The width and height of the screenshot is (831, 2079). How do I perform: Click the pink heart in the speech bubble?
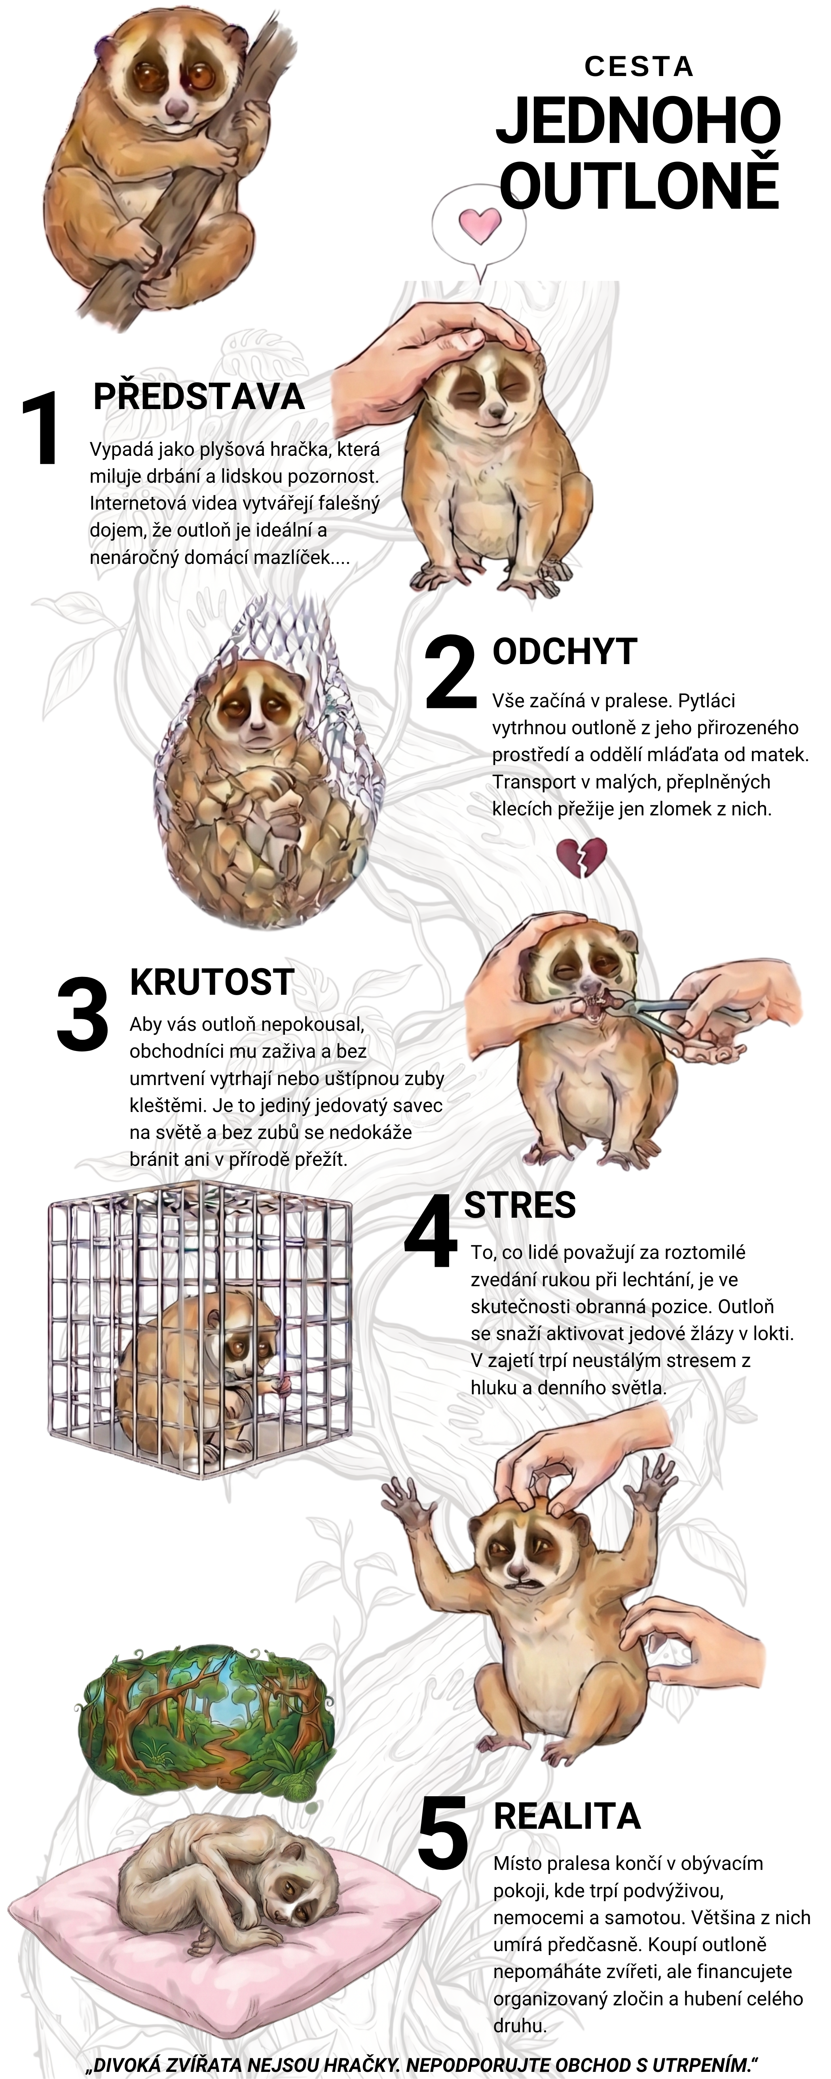[479, 225]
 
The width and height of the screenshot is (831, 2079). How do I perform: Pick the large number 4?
[432, 1231]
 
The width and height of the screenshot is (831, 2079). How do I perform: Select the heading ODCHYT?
[565, 651]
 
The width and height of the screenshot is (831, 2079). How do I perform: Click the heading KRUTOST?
[211, 981]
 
